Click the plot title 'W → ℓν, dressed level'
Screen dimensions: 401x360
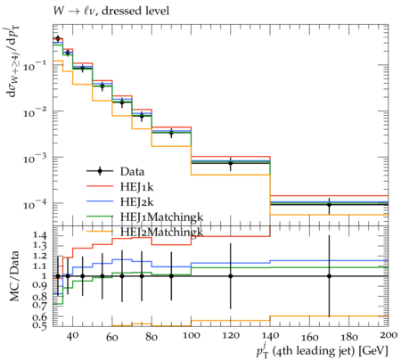(x=111, y=11)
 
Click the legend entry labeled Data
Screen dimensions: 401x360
(x=132, y=171)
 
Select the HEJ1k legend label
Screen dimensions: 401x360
(x=136, y=186)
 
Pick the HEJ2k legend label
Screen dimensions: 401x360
(x=136, y=202)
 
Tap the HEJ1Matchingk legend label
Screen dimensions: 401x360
(x=161, y=217)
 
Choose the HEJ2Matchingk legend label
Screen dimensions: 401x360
(x=161, y=233)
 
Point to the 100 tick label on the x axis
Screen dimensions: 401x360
(x=191, y=336)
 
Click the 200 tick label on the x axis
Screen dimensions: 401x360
(x=389, y=335)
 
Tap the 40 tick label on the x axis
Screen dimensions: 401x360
(x=72, y=336)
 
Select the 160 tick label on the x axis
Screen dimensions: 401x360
(x=309, y=338)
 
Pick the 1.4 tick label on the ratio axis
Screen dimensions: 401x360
(x=39, y=236)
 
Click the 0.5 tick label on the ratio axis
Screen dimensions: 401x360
(x=39, y=326)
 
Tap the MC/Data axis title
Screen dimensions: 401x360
(x=15, y=276)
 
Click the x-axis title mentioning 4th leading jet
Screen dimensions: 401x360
(x=322, y=351)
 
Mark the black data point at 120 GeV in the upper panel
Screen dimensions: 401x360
(x=230, y=163)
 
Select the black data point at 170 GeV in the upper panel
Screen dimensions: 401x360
(x=329, y=205)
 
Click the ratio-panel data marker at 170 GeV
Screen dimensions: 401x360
(x=329, y=276)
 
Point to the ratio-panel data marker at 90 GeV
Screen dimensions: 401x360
(x=171, y=276)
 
